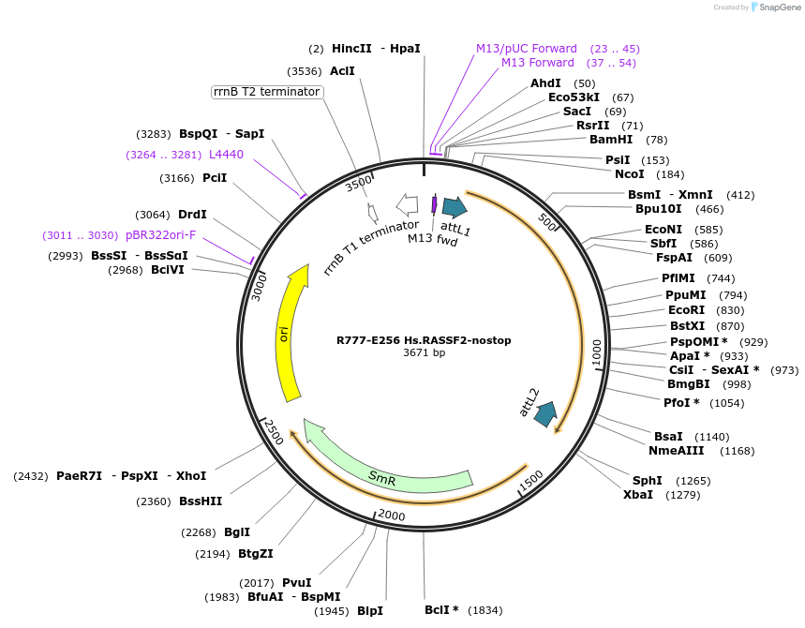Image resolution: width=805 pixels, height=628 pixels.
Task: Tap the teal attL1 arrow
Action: pos(455,207)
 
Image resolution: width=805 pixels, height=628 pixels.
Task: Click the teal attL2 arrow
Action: pos(544,413)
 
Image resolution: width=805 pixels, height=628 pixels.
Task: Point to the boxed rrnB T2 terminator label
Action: pos(267,92)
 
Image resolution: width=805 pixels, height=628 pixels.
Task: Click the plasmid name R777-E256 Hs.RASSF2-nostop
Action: pos(424,340)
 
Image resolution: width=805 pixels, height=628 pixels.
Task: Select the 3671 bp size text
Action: pos(424,353)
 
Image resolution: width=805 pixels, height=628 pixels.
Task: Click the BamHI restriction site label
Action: pos(611,140)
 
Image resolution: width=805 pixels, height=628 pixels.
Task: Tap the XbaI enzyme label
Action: pos(638,494)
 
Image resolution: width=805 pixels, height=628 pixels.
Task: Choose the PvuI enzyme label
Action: pos(296,582)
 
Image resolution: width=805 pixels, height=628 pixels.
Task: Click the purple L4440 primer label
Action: pos(226,154)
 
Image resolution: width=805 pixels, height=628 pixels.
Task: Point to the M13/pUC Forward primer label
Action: pos(527,48)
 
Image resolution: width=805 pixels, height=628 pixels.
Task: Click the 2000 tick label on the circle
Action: pos(391,516)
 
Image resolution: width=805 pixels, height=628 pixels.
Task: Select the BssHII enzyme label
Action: pos(201,501)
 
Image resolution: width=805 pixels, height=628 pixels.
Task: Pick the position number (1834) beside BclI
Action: pos(485,610)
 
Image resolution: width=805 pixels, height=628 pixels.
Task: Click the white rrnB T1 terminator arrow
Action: pos(408,203)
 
